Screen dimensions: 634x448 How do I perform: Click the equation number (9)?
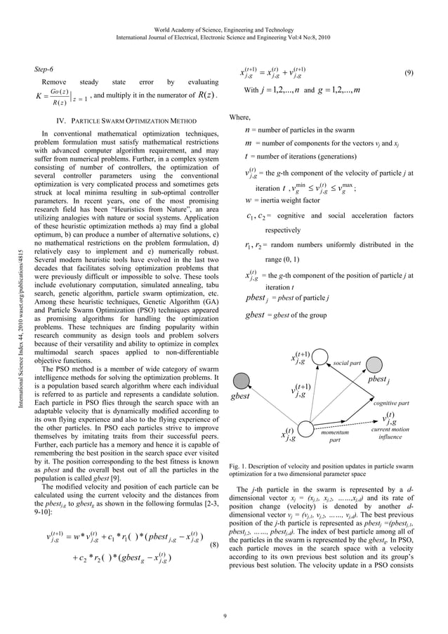[x=409, y=72]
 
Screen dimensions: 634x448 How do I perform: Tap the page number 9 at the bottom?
[x=223, y=618]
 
